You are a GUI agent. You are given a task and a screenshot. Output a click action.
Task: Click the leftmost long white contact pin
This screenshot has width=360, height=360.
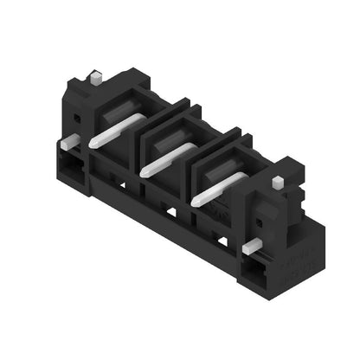(112, 130)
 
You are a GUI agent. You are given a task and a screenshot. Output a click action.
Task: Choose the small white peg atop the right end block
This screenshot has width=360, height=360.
(277, 183)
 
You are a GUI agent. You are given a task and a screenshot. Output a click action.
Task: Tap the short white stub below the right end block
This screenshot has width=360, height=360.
(250, 247)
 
